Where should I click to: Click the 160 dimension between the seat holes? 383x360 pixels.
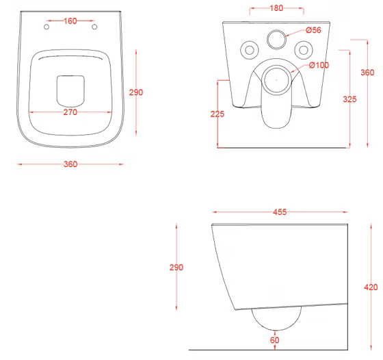70,21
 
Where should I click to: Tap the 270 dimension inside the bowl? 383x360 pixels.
70,112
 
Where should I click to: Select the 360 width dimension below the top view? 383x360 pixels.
70,164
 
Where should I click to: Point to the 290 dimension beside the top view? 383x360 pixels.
136,92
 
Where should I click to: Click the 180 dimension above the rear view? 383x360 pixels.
276,8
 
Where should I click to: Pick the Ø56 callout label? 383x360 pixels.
314,30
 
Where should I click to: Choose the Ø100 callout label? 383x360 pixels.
319,65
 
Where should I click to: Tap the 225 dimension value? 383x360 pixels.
217,114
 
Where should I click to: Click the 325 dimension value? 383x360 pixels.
349,99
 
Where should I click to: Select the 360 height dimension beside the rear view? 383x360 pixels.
367,73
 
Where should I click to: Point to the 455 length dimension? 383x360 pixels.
280,212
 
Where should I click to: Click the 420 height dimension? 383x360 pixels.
371,287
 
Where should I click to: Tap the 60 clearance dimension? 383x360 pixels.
274,340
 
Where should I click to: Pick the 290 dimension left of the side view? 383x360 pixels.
176,268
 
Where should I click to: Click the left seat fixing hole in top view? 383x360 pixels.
47,27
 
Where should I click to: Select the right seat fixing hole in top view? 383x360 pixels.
94,27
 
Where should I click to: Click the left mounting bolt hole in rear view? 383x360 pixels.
250,51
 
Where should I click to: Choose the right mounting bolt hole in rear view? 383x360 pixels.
304,51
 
